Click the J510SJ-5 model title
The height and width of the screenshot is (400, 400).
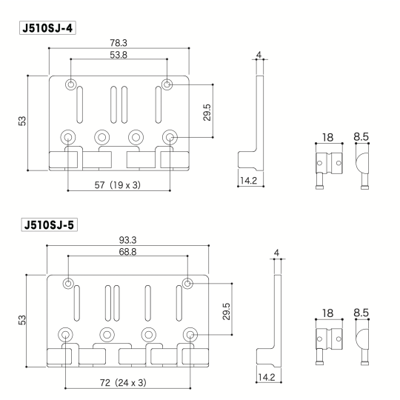click(50, 222)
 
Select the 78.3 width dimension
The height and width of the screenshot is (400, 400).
click(119, 44)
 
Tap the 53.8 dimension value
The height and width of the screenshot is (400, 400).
click(119, 55)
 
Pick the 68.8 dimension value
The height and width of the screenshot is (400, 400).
click(128, 253)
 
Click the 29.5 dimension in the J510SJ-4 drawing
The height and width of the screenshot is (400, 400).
click(207, 111)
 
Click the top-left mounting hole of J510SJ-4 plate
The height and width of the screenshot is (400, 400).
click(70, 84)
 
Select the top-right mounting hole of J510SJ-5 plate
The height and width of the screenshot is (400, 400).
click(187, 283)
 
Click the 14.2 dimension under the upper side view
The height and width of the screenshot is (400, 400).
click(248, 179)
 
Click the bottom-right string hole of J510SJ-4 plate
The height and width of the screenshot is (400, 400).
click(170, 137)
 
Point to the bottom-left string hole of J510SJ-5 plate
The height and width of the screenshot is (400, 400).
click(67, 335)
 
